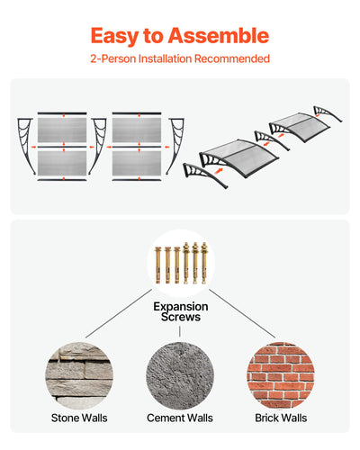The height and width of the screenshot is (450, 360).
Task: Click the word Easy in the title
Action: click(x=114, y=36)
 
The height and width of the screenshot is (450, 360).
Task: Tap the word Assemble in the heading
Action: click(x=219, y=35)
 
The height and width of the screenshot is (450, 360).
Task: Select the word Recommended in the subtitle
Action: click(x=232, y=58)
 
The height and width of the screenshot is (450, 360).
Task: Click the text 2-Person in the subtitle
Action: click(x=113, y=58)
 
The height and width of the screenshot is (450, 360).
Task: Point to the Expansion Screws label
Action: click(x=181, y=311)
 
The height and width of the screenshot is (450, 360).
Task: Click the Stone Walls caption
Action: click(x=79, y=418)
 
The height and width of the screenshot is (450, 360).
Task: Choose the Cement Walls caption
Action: click(x=180, y=418)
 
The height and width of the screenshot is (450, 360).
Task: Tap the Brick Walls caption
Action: click(x=281, y=418)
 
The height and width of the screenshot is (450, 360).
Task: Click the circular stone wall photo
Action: click(x=79, y=376)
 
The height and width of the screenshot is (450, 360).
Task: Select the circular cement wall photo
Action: click(x=180, y=376)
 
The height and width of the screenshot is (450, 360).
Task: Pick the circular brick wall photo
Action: click(x=281, y=376)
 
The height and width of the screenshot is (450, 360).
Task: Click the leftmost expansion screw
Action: click(x=158, y=265)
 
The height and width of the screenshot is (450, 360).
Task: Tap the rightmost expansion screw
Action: click(x=204, y=263)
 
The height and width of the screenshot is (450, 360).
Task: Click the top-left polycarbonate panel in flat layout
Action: click(x=62, y=130)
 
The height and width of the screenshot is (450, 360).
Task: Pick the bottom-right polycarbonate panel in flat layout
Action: click(x=137, y=163)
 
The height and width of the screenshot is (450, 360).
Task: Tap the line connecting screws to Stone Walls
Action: click(x=119, y=313)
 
